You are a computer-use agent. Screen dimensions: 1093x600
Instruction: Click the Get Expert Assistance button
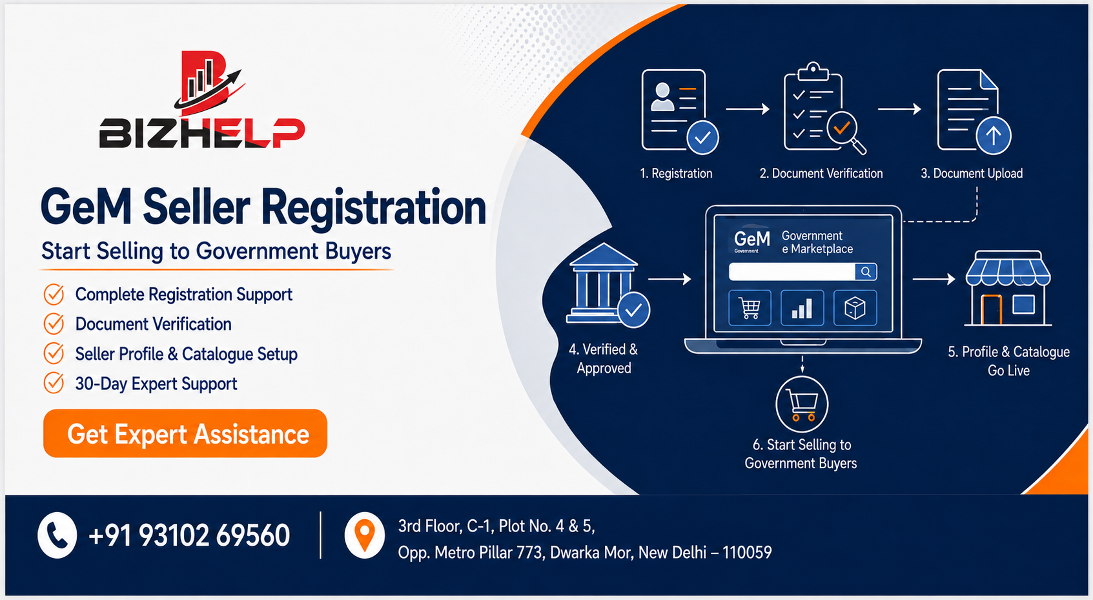click(185, 433)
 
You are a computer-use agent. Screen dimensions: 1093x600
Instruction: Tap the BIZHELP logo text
click(202, 133)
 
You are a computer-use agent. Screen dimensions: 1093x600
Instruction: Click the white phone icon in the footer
click(57, 535)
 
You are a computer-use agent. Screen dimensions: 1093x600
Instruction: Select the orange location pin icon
click(365, 535)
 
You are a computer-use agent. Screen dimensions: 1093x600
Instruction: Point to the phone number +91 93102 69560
click(189, 535)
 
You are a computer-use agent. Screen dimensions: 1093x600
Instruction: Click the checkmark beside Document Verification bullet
click(54, 324)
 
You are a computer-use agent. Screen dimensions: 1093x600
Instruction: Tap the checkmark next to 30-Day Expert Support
click(54, 383)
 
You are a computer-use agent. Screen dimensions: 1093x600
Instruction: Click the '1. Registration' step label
click(677, 173)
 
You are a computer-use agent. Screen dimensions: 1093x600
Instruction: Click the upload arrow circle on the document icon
click(994, 136)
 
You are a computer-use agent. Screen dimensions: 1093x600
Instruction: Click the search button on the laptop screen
click(866, 271)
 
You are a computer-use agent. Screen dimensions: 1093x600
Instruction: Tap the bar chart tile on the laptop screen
click(802, 307)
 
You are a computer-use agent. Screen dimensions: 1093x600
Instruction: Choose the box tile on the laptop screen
click(855, 307)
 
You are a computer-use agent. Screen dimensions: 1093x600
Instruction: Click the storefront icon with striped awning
click(1008, 288)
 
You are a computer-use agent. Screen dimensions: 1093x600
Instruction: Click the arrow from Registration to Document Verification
click(748, 109)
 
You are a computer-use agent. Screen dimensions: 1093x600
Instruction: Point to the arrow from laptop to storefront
click(934, 279)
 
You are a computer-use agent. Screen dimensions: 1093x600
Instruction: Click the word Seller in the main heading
click(197, 207)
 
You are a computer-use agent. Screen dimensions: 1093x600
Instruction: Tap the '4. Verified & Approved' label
click(604, 359)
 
